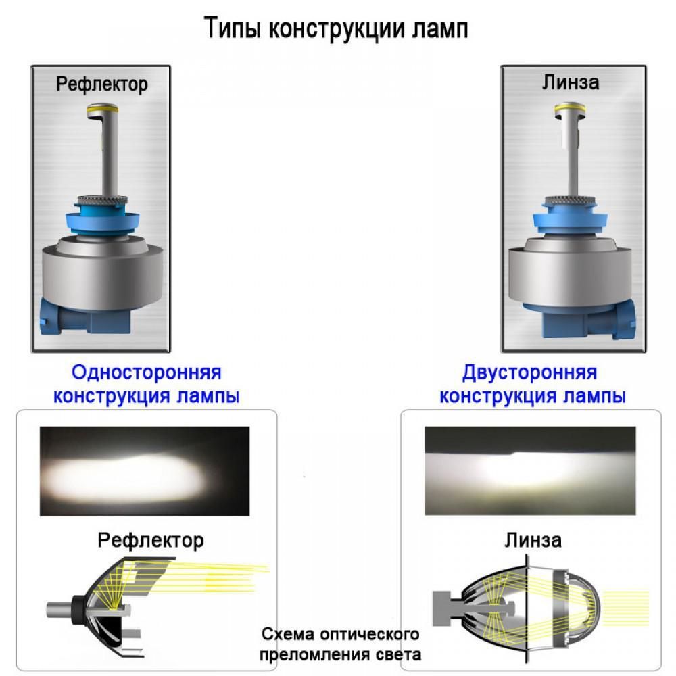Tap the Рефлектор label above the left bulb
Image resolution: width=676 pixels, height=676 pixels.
pos(102,84)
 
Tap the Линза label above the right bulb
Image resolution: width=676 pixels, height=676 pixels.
pos(571,82)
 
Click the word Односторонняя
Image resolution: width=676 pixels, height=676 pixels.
pos(147,372)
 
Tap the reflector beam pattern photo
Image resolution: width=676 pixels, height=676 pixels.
pos(145,471)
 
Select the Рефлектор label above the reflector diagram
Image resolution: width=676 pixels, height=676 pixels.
pos(151,540)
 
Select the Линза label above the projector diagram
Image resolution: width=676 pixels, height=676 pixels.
pos(532,540)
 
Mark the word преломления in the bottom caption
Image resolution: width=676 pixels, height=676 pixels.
pos(317,654)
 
